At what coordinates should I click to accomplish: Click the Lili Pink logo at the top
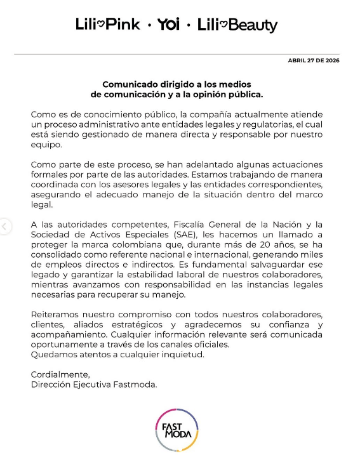pyautogui.click(x=108, y=25)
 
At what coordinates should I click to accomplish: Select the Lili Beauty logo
pyautogui.click(x=237, y=25)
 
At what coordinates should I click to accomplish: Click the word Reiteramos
pyautogui.click(x=58, y=315)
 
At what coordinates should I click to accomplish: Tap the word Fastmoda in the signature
pyautogui.click(x=136, y=385)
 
